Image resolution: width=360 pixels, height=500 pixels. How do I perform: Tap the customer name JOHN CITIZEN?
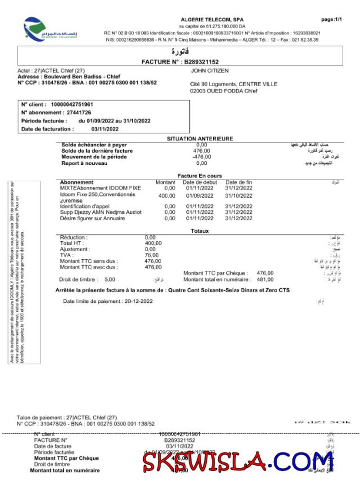209,71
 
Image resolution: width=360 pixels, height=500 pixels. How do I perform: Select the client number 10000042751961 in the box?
72,105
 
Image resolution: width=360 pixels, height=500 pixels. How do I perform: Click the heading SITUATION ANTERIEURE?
199,139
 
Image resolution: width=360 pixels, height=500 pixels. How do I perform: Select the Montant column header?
165,182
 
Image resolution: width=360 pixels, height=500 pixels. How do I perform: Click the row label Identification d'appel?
85,206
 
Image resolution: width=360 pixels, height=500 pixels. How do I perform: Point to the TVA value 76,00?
152,255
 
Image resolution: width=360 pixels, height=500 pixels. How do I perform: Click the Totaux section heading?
199,231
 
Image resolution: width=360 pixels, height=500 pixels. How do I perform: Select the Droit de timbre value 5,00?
109,279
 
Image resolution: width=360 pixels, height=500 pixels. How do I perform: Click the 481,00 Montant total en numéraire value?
265,279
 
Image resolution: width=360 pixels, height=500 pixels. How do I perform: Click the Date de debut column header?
200,182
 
